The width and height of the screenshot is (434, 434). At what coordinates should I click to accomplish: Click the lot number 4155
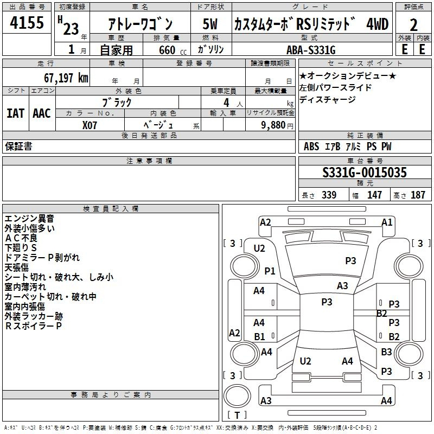click(27, 22)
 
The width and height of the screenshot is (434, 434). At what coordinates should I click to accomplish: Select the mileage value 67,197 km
click(66, 78)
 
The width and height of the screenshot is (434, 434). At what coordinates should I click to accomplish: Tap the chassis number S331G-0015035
click(365, 173)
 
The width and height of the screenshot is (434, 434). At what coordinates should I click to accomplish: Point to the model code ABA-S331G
click(311, 50)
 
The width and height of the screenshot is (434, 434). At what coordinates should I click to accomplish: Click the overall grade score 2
click(413, 25)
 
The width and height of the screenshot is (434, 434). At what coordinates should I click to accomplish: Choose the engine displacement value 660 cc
click(173, 50)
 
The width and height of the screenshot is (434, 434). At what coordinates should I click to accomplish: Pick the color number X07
click(90, 125)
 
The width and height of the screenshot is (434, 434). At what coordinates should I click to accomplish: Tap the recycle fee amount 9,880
click(273, 125)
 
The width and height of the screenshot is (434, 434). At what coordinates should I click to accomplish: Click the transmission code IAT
click(15, 113)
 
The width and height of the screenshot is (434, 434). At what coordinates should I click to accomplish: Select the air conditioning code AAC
click(42, 113)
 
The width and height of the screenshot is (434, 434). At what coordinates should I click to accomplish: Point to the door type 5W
click(210, 24)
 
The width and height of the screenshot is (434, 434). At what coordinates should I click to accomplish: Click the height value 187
click(418, 195)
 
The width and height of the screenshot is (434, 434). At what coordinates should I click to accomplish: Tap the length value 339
click(329, 195)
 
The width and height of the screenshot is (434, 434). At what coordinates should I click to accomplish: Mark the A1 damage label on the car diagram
click(387, 222)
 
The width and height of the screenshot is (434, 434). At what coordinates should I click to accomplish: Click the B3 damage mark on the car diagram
click(386, 352)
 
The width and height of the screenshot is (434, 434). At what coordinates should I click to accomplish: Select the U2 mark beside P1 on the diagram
click(259, 248)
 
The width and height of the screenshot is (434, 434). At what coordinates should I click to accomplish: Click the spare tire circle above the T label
click(237, 396)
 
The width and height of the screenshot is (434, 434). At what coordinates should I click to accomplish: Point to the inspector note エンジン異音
click(29, 219)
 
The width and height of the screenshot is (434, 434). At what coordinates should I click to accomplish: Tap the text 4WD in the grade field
click(378, 24)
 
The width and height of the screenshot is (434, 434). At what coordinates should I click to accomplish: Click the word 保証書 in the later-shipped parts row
click(18, 146)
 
